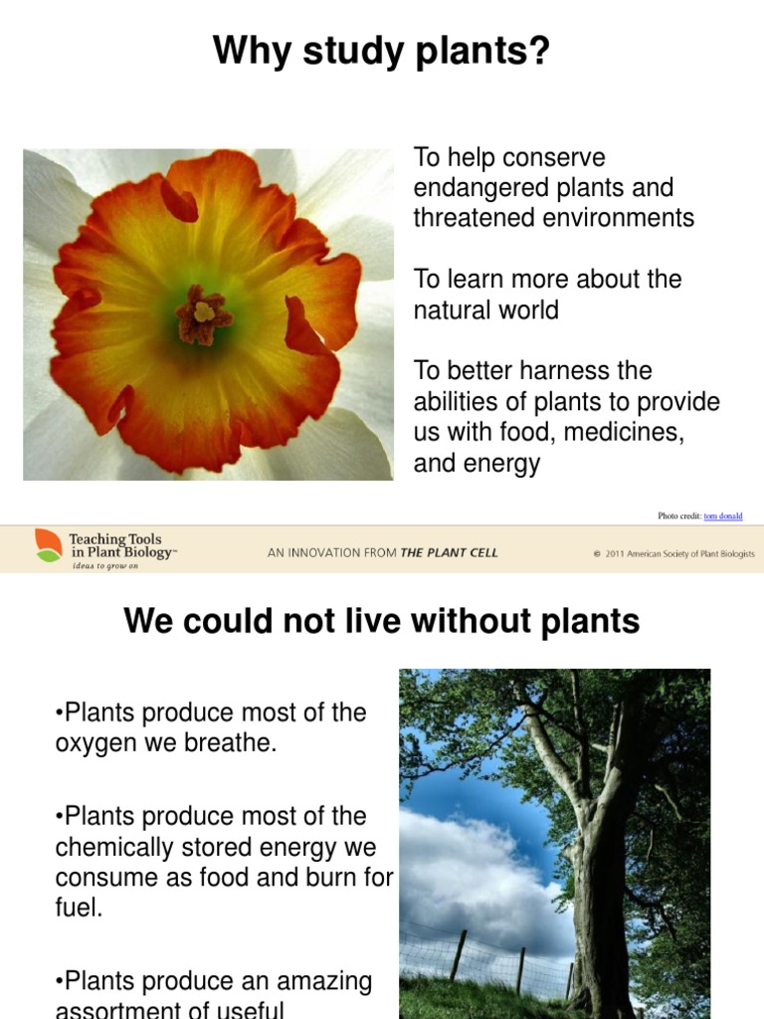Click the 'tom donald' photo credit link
722,515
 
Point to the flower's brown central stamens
203,314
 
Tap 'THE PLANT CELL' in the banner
449,552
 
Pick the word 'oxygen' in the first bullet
94,743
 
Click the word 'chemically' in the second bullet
114,847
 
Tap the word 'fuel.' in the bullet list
80,909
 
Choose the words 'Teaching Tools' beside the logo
115,538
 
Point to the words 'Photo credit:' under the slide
679,515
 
